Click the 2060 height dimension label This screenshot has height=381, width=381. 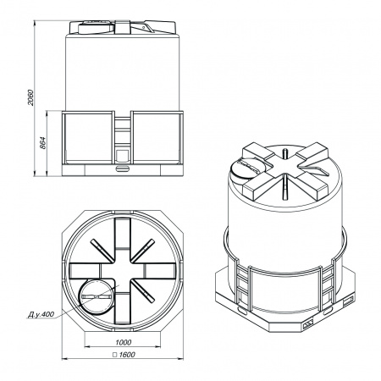(30, 97)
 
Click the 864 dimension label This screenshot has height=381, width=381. (42, 143)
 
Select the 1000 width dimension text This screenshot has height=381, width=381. (124, 342)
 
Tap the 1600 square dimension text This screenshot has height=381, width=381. (127, 355)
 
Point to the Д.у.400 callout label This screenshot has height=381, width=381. (41, 314)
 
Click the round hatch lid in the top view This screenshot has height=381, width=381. (97, 297)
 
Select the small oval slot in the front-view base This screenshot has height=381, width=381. (123, 168)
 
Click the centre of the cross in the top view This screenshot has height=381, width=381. (123, 271)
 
